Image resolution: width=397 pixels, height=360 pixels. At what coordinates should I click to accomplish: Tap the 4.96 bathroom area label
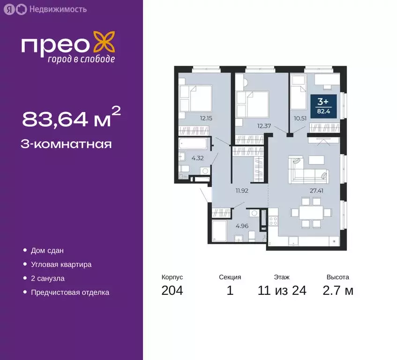pyautogui.click(x=242, y=225)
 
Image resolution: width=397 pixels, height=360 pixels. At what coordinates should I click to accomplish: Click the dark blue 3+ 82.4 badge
pyautogui.click(x=322, y=106)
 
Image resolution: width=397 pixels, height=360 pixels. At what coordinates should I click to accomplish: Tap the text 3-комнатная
pyautogui.click(x=66, y=144)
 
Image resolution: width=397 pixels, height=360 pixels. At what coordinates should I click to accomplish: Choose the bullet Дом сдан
pyautogui.click(x=47, y=251)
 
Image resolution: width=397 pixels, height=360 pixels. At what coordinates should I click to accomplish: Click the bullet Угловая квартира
pyautogui.click(x=61, y=264)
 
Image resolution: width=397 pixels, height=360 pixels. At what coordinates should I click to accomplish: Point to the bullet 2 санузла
pyautogui.click(x=47, y=278)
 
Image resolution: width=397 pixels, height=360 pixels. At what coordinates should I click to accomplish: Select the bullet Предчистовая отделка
pyautogui.click(x=70, y=292)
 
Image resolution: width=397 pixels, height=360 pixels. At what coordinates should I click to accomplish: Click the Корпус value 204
pyautogui.click(x=172, y=291)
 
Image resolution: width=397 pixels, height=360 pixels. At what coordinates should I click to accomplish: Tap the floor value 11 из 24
pyautogui.click(x=282, y=291)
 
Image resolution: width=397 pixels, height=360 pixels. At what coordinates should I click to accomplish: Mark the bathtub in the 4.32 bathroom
pyautogui.click(x=194, y=143)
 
